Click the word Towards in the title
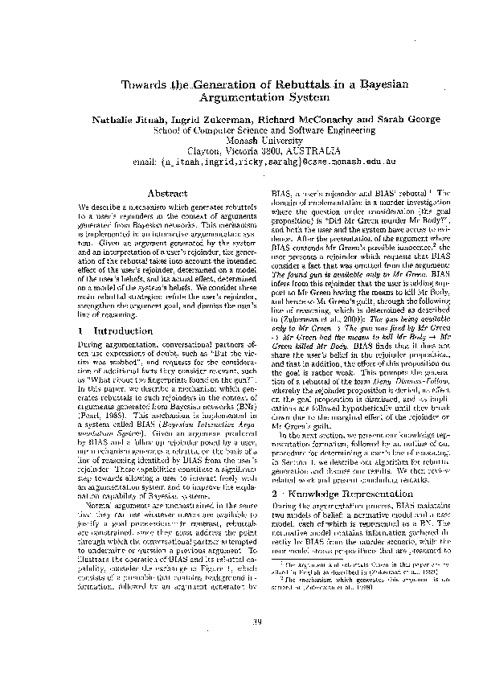coord(144,85)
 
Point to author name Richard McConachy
coord(304,118)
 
